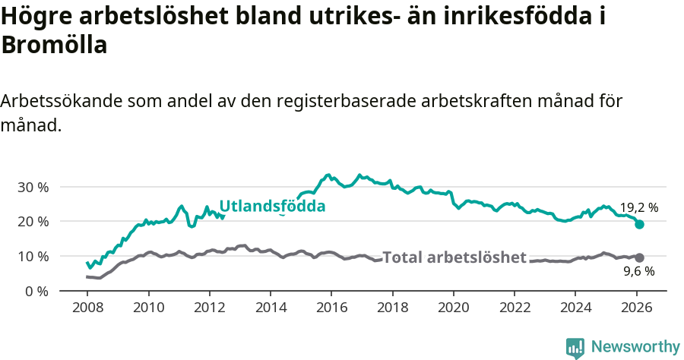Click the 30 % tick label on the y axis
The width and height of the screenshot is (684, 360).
click(x=32, y=187)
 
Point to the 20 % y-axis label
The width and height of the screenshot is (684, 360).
click(x=32, y=222)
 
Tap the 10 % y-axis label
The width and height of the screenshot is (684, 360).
click(x=32, y=256)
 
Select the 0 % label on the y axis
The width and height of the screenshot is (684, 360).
click(x=36, y=291)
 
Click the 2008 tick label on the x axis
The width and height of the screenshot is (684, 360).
click(x=87, y=307)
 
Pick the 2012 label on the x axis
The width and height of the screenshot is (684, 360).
click(x=209, y=307)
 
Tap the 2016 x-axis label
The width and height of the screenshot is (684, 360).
click(x=331, y=307)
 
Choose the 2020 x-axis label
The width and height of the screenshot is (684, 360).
click(x=454, y=307)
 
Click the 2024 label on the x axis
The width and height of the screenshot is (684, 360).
click(x=575, y=307)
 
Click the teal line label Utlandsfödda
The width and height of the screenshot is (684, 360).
click(x=272, y=206)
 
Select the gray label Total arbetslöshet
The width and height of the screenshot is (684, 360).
click(x=454, y=257)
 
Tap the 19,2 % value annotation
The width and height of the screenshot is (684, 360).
click(x=638, y=207)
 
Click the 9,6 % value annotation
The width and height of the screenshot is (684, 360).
click(x=638, y=270)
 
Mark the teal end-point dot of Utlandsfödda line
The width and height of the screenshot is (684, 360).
click(x=640, y=224)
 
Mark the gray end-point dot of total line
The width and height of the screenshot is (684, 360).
click(x=640, y=257)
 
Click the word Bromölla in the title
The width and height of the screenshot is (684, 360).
click(x=54, y=46)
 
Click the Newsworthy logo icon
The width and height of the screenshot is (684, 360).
click(x=575, y=348)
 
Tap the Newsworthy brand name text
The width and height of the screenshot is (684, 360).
click(x=635, y=347)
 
